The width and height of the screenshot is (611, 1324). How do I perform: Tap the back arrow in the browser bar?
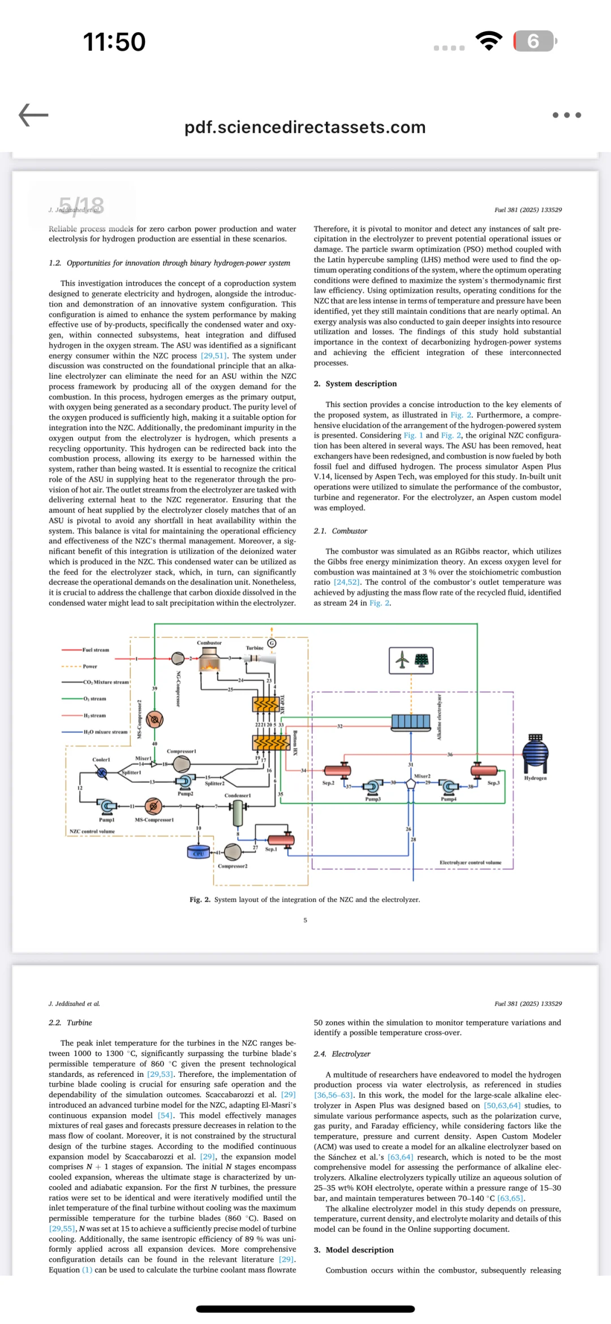[x=33, y=115]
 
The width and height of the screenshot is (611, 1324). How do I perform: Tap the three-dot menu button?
[x=566, y=115]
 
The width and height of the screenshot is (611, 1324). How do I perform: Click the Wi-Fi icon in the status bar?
[x=489, y=41]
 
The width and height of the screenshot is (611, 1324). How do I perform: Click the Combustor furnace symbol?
[x=210, y=659]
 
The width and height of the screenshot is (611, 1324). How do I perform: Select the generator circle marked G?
[x=272, y=643]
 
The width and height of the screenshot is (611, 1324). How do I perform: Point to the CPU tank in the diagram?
[x=198, y=852]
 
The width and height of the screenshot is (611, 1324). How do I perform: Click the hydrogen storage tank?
[x=535, y=753]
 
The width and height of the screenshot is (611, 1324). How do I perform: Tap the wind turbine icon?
[x=402, y=659]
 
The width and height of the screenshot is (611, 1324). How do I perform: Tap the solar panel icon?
[x=421, y=660]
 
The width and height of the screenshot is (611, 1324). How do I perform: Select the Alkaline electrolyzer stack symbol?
[x=411, y=721]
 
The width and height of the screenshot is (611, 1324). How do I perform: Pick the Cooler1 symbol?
[x=102, y=773]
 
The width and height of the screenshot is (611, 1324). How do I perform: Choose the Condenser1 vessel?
[x=238, y=813]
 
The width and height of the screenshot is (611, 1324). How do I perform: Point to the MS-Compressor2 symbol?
[x=154, y=719]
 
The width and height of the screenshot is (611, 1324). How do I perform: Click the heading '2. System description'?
[x=355, y=383]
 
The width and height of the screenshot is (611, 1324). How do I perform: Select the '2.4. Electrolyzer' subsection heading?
[x=342, y=1054]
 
